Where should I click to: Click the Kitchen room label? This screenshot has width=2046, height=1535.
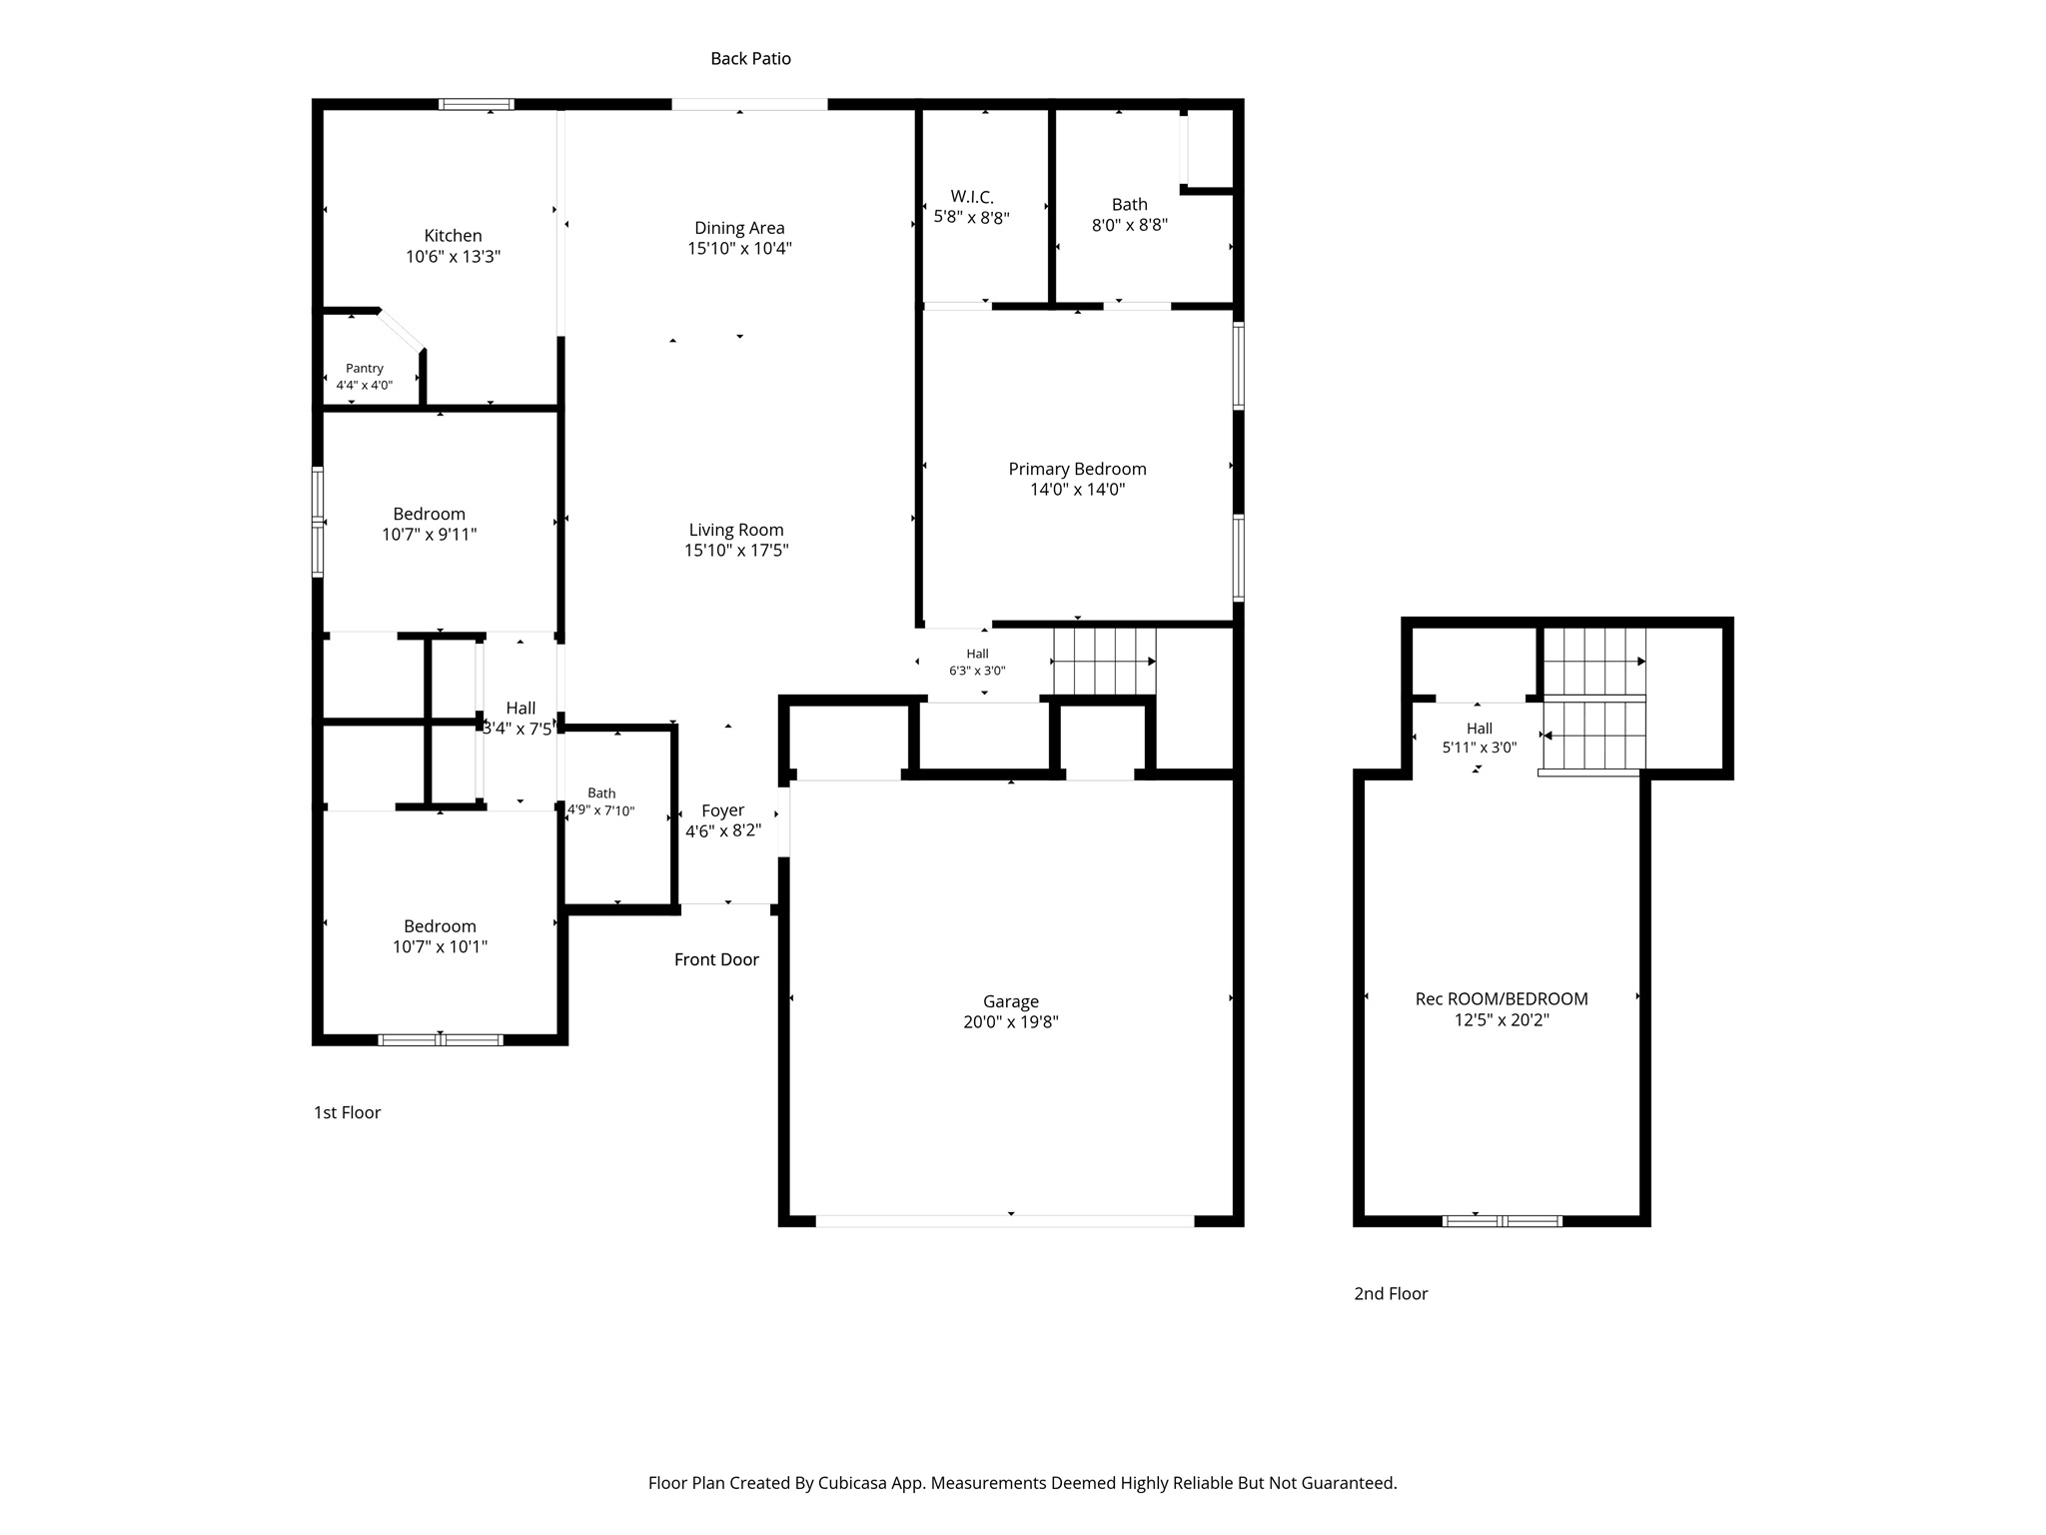[x=453, y=236]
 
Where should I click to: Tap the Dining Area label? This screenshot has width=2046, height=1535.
[x=739, y=228]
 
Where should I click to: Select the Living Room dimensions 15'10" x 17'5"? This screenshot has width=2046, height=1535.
[x=736, y=550]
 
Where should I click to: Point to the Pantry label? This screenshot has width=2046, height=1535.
[x=365, y=369]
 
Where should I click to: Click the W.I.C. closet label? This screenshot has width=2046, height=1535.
[x=972, y=197]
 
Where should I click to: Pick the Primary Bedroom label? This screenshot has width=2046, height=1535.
[x=1077, y=469]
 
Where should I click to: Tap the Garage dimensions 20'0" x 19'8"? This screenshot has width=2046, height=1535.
[x=1011, y=1021]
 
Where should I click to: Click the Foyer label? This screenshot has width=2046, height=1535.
[x=722, y=810]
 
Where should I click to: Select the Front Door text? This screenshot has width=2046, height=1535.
[x=716, y=959]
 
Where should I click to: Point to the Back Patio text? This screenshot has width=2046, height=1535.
[x=750, y=59]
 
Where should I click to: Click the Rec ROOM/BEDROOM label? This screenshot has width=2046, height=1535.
[x=1502, y=998]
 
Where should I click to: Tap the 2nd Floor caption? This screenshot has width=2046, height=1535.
[x=1391, y=1293]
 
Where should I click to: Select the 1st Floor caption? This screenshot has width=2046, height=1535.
[x=347, y=1112]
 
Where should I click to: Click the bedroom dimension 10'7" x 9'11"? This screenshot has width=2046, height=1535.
[x=430, y=534]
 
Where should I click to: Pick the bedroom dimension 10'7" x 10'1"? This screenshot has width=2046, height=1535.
[x=440, y=946]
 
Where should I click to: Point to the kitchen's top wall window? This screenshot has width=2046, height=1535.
[x=477, y=104]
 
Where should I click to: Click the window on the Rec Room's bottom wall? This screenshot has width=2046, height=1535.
[x=1502, y=1220]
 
